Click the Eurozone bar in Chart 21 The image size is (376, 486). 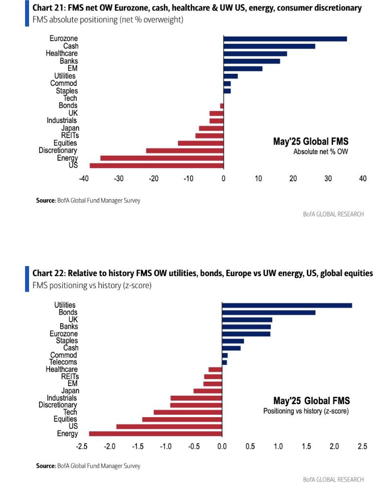pos(285,39)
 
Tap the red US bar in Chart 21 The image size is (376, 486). pos(156,165)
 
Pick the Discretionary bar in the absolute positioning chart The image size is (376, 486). pos(184,150)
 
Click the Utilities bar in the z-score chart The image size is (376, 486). pos(287,305)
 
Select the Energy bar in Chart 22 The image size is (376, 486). pos(155,433)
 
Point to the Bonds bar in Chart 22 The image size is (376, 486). pos(269,312)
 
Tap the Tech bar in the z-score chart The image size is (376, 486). pos(187,412)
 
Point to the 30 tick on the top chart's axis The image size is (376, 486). pos(328,179)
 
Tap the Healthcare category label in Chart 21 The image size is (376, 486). pos(61,53)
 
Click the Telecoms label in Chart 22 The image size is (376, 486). pos(63,362)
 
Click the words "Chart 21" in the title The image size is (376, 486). pos(49,8)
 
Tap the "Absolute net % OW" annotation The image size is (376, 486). pos(321,151)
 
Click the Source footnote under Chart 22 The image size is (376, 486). pos(88,466)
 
